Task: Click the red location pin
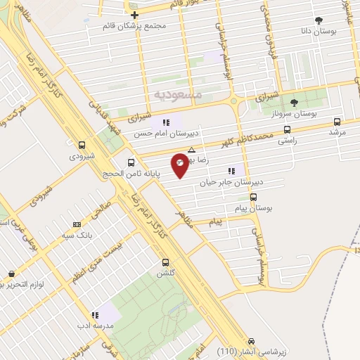coord(181,163)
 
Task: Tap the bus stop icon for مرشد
coord(337,121)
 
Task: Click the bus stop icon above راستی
coord(287,130)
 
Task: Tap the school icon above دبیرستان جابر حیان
coord(231,170)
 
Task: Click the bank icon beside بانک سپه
coord(76,225)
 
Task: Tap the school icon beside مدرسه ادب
coord(94,315)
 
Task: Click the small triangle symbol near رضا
coord(192,150)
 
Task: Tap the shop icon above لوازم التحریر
coord(11,274)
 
